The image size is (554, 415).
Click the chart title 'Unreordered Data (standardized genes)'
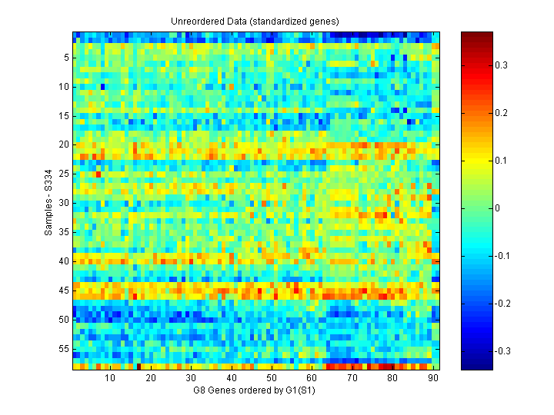(x=255, y=21)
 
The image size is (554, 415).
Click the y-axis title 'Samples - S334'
(x=48, y=202)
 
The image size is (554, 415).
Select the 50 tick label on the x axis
(x=272, y=378)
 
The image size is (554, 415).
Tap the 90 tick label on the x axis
(x=433, y=378)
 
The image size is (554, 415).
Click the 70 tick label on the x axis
(x=352, y=378)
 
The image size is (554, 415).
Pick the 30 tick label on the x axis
(x=191, y=378)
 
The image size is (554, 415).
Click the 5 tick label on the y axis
(x=67, y=57)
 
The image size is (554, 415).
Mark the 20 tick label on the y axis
(x=65, y=144)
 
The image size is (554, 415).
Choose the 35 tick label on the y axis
(x=65, y=232)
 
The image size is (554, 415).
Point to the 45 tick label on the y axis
(x=65, y=290)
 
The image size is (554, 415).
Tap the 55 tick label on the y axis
(x=65, y=349)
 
